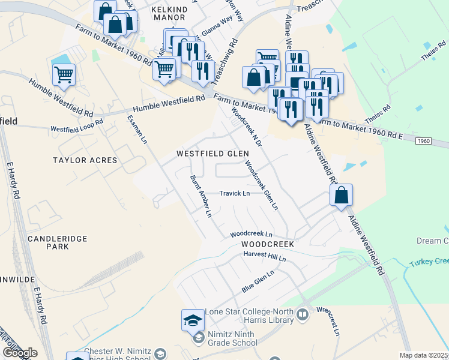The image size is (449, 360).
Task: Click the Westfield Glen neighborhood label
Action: click(x=212, y=154)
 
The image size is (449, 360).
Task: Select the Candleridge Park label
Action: click(x=58, y=242)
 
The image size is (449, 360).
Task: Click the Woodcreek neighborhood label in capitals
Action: click(x=268, y=245)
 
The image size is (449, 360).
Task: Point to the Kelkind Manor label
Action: click(x=169, y=14)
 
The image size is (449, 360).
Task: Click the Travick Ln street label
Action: click(x=234, y=193)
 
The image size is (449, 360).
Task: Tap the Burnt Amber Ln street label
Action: click(x=201, y=196)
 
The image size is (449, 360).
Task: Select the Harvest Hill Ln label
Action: click(x=265, y=256)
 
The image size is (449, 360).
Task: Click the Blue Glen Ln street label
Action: click(x=258, y=281)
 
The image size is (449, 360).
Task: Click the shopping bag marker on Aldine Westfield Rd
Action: click(x=341, y=195)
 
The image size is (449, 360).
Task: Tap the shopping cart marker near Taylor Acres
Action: click(x=64, y=75)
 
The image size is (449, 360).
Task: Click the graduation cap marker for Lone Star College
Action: click(x=193, y=320)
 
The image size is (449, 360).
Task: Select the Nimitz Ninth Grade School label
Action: click(x=234, y=338)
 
